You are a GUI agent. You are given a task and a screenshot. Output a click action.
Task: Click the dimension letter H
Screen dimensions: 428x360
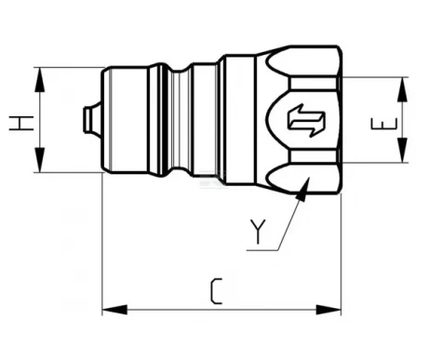click(21, 123)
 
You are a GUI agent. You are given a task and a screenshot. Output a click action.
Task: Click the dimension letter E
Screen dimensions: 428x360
click(384, 124)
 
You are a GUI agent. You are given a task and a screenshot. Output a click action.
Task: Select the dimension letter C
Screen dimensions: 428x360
click(217, 291)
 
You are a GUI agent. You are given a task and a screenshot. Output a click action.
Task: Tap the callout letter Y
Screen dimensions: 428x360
click(259, 232)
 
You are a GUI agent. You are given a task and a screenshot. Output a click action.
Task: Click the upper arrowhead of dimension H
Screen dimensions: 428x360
click(40, 80)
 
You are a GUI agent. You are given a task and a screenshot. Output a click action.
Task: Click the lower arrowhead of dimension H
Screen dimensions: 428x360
click(40, 160)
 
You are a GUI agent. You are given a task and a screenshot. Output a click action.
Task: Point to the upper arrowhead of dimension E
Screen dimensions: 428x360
click(402, 89)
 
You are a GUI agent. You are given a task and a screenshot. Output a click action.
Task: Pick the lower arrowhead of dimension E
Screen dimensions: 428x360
click(402, 151)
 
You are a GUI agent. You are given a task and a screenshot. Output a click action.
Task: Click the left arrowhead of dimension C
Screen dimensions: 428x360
click(114, 310)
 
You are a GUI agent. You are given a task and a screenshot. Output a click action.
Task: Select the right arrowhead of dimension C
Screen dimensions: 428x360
click(328, 310)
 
